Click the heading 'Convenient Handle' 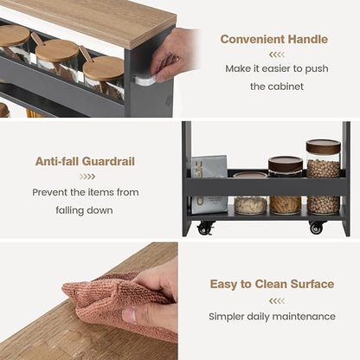275,39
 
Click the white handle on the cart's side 145,80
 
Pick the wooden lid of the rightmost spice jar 104,67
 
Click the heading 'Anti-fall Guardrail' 85,161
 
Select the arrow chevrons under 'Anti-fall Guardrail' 85,177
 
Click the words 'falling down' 85,209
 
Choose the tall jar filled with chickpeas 323,177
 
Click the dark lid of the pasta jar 285,163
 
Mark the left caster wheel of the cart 205,228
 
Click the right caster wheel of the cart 317,228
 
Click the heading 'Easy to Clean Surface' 272,284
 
